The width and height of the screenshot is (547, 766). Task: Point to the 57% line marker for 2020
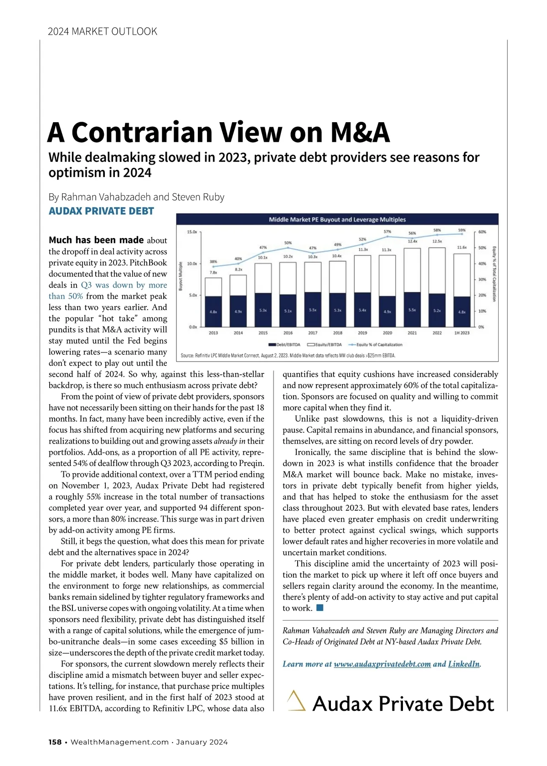pyautogui.click(x=387, y=237)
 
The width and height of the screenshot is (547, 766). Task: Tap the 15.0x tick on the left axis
pyautogui.click(x=192, y=232)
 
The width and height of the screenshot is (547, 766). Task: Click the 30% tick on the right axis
pyautogui.click(x=482, y=279)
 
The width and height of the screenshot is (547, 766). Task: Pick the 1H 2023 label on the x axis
pyautogui.click(x=462, y=333)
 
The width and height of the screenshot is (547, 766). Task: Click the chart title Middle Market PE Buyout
pyautogui.click(x=337, y=220)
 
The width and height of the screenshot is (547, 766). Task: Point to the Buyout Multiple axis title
pyautogui.click(x=181, y=276)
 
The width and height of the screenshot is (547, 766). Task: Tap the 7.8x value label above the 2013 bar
pyautogui.click(x=213, y=272)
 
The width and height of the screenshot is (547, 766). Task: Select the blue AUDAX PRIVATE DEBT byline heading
pyautogui.click(x=101, y=211)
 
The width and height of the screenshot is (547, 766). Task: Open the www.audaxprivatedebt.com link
pyautogui.click(x=382, y=664)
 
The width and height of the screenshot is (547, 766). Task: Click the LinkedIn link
pyautogui.click(x=464, y=664)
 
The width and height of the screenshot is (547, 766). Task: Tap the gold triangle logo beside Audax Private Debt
pyautogui.click(x=296, y=701)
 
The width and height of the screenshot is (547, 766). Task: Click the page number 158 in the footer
pyautogui.click(x=55, y=742)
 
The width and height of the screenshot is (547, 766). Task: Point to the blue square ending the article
pyautogui.click(x=320, y=608)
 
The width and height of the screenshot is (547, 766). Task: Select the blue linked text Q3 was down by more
pyautogui.click(x=124, y=285)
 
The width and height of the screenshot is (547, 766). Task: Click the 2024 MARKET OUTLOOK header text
pyautogui.click(x=103, y=31)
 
